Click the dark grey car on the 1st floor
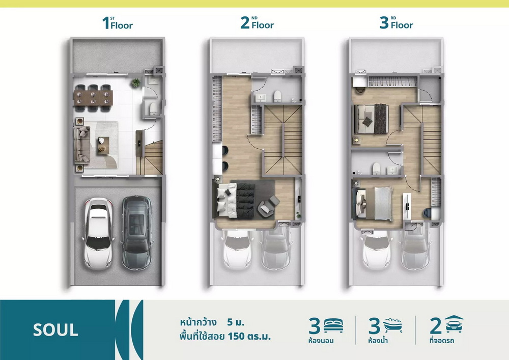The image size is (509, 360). (x=136, y=232)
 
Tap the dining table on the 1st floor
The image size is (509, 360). (x=93, y=98)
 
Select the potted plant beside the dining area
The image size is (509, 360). (x=136, y=82)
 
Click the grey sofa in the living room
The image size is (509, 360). (x=81, y=145)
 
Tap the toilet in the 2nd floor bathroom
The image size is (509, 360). (x=277, y=96)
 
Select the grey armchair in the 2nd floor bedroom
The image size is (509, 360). (x=268, y=206)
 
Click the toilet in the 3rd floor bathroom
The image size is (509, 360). (x=376, y=168)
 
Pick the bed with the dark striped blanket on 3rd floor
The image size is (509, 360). (x=371, y=119)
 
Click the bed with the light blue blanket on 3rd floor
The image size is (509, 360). (x=374, y=204)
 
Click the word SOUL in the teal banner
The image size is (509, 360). (x=55, y=330)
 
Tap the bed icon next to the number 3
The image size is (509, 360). (x=333, y=326)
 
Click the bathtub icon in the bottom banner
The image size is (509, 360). (x=393, y=325)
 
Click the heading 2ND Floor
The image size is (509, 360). (x=257, y=23)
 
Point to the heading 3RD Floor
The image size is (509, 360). (x=397, y=23)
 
